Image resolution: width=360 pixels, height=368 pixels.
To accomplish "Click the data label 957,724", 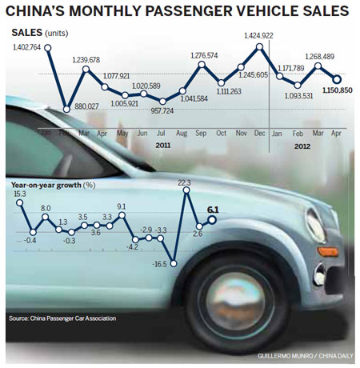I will pyautogui.click(x=163, y=110).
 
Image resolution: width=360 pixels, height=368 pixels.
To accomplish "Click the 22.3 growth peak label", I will pyautogui.click(x=186, y=183).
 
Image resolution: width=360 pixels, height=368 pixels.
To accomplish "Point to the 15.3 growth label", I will pyautogui.click(x=19, y=193).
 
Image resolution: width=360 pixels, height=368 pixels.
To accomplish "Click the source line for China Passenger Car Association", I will pyautogui.click(x=62, y=318).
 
